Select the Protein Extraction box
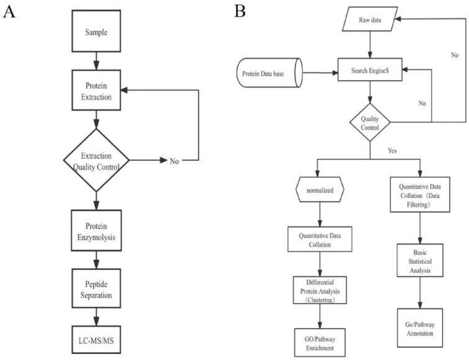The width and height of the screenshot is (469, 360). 96,91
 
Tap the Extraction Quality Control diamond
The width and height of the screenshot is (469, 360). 96,160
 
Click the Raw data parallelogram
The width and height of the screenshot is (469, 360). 370,19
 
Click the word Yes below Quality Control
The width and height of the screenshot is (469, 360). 375,150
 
